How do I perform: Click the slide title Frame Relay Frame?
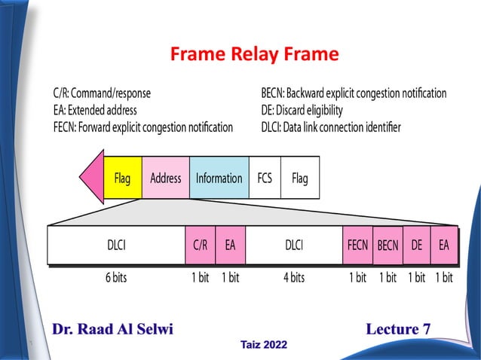pos(254,55)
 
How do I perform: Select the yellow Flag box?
pos(122,178)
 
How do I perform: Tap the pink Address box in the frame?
pos(165,178)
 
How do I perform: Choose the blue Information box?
pos(219,178)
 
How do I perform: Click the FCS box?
pos(265,178)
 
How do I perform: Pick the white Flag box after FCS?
pos(299,178)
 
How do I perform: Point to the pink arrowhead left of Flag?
pos(91,178)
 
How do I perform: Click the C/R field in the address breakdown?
pos(200,245)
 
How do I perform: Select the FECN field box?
pos(357,245)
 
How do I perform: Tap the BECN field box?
pos(388,246)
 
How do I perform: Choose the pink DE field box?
pos(416,245)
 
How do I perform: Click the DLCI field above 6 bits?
pos(116,245)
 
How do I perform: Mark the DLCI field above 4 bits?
pos(294,245)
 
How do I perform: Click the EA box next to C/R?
pos(230,245)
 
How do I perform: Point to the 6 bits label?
pos(116,277)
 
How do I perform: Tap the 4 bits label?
pos(294,277)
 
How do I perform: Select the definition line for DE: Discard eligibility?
pos(302,110)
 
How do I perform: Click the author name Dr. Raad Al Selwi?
pos(113,328)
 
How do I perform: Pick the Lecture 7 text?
pos(398,328)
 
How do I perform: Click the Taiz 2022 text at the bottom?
pos(263,344)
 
